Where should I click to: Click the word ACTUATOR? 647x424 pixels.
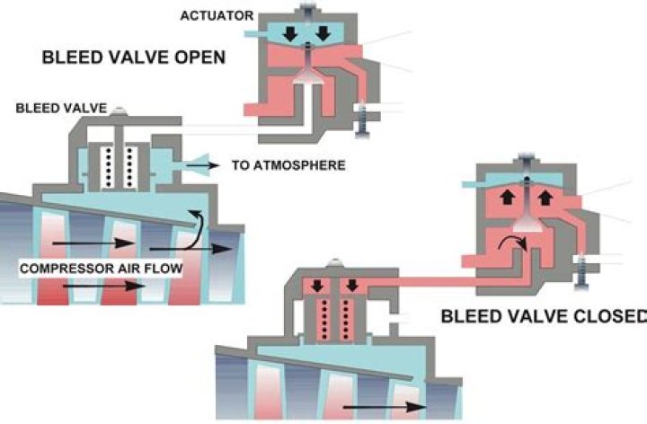coord(217,15)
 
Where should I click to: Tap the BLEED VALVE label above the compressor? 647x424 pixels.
coord(61,108)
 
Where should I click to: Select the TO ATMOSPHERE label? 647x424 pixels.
coord(288,165)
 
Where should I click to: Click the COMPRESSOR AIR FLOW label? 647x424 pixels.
coord(101,269)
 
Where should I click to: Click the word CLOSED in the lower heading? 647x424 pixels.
coord(607,316)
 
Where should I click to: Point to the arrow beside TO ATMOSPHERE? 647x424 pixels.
coord(203,166)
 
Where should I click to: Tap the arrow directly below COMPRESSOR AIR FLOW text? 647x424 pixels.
coord(104,286)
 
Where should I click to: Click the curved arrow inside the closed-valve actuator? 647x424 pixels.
coord(512,243)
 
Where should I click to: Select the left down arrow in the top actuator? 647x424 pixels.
coord(291,34)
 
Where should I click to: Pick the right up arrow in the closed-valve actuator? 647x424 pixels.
coord(545,197)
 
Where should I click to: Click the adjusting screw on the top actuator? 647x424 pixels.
coord(362,119)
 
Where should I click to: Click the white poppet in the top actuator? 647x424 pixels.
coord(308,75)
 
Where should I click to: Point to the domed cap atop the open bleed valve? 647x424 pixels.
coord(119,110)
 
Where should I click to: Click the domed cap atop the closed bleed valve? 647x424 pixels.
coord(335,262)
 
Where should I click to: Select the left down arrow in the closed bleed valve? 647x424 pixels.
coord(317,286)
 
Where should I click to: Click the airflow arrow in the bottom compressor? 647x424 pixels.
coord(385,408)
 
